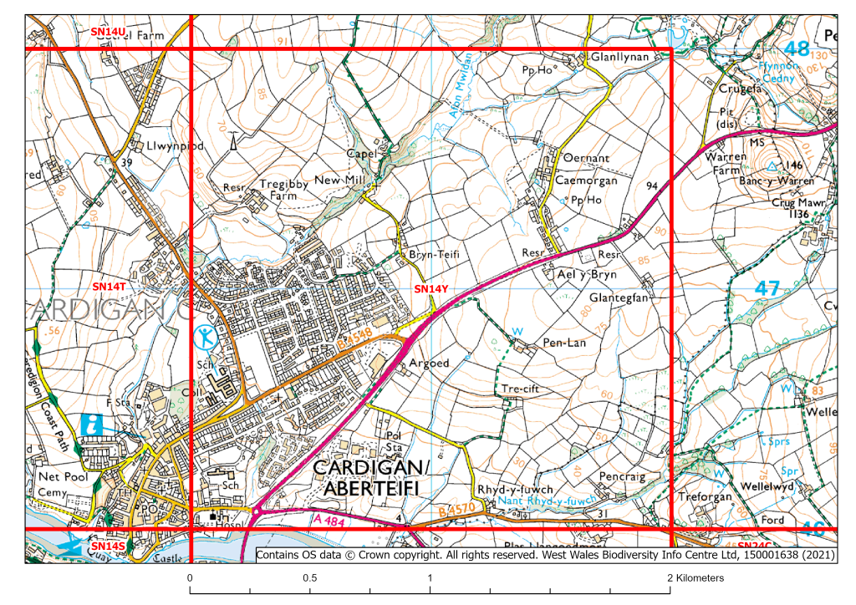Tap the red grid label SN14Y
tap(431, 289)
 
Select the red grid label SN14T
tap(108, 286)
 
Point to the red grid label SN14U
tap(108, 31)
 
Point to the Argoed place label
tap(430, 364)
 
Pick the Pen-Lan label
tap(565, 343)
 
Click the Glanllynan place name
tap(620, 57)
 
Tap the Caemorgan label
tap(586, 180)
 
